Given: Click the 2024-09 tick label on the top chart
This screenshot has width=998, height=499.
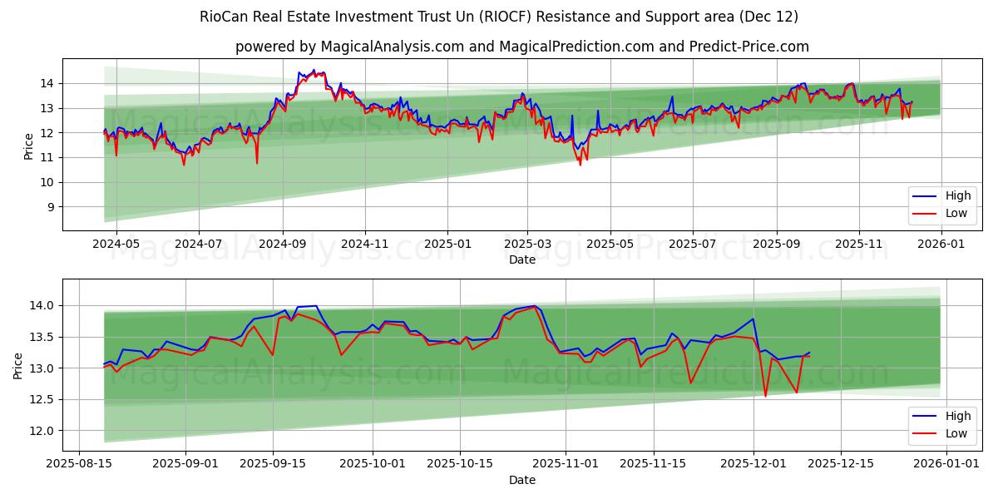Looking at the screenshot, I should tap(282, 245).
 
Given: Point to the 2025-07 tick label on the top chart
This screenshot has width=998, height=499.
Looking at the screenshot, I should tap(693, 245).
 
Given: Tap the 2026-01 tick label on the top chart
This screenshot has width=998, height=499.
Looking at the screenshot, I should tap(941, 245).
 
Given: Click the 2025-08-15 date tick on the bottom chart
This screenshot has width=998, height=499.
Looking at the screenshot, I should tap(79, 464).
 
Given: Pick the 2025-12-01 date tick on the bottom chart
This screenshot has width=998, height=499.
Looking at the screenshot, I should tap(753, 464).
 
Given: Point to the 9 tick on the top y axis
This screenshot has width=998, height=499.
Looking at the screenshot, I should tap(51, 207).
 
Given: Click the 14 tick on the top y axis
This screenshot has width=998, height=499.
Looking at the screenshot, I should tap(47, 83).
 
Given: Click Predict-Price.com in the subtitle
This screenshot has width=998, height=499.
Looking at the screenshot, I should tap(749, 47).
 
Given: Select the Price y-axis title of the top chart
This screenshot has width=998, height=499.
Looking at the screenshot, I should tap(29, 146).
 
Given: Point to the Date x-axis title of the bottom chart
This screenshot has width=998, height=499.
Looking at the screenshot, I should tap(522, 480).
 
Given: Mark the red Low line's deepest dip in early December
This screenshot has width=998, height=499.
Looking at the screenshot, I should tap(765, 396).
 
